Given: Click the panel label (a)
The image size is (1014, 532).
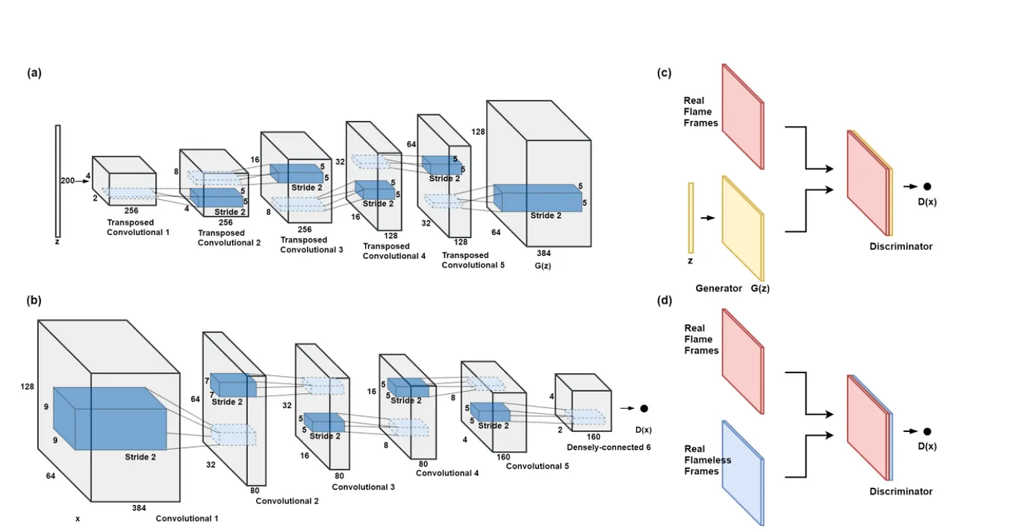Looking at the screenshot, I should click(x=34, y=73).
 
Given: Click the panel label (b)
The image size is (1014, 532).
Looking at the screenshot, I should click(x=34, y=301).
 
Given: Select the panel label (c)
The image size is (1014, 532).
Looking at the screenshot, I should click(x=664, y=73).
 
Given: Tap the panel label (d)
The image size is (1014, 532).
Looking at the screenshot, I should click(x=664, y=301).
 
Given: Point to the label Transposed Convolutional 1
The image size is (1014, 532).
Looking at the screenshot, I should click(x=138, y=227).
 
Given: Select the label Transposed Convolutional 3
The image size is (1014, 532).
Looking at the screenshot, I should click(x=311, y=245).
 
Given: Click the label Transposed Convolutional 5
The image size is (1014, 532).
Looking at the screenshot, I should click(x=473, y=260).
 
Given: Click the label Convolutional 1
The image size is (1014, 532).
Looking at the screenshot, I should click(x=187, y=518).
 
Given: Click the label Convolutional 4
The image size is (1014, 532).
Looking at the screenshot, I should click(x=447, y=472).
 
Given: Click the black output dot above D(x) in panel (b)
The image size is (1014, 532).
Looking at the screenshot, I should click(x=644, y=409).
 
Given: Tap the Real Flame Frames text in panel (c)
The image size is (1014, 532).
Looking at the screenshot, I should click(x=700, y=112).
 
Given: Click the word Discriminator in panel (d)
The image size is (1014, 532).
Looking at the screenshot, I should click(x=901, y=492).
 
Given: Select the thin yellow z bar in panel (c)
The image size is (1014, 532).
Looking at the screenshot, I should click(x=691, y=217).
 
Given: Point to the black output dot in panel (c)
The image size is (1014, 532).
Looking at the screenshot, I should click(x=927, y=187).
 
